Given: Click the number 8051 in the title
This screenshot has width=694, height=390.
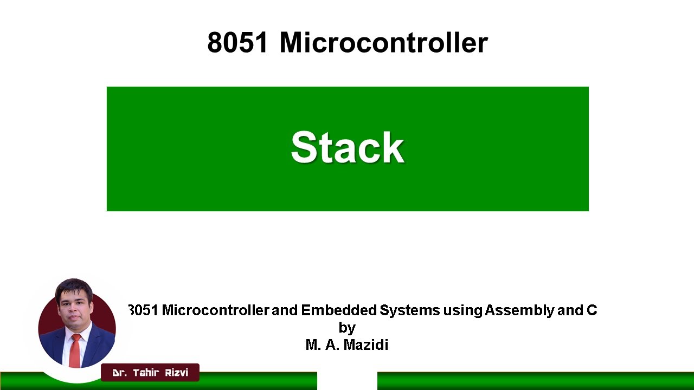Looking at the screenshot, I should point(237,42).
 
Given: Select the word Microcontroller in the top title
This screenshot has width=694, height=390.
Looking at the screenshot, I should point(383,42).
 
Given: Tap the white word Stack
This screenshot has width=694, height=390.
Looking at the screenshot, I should point(348,147).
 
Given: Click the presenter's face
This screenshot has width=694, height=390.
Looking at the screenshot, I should point(74,306).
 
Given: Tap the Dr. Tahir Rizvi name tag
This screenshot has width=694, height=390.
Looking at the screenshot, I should point(150,373).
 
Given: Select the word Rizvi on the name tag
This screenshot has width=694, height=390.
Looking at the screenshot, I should point(176,373).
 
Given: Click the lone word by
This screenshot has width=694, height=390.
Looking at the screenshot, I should point(347,328).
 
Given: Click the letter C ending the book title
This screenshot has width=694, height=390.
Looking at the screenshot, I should point(592,310).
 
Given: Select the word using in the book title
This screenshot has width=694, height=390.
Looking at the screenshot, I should point(462,311).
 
